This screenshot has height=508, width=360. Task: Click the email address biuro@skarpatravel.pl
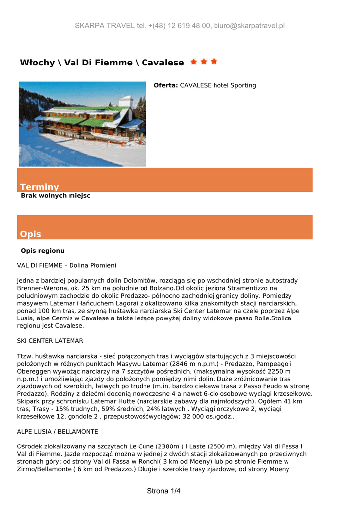(x=249, y=26)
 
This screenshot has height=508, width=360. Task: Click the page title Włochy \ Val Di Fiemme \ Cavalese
(x=102, y=63)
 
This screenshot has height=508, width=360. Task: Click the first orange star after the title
(x=193, y=62)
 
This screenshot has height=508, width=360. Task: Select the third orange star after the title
(x=214, y=62)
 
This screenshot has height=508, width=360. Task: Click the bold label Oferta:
(x=166, y=85)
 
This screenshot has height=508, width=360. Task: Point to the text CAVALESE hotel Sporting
(x=218, y=85)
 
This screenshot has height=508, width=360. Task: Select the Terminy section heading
(x=39, y=187)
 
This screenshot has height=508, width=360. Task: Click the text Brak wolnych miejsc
(x=56, y=196)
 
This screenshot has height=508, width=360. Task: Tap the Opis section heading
(x=30, y=234)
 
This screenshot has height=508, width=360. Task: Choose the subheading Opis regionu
(x=43, y=251)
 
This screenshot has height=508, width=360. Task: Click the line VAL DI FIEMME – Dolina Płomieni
(x=67, y=266)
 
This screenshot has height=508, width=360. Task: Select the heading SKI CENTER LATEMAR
(x=50, y=341)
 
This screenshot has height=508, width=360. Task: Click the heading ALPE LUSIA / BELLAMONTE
(x=58, y=431)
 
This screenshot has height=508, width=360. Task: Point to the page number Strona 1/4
(x=164, y=491)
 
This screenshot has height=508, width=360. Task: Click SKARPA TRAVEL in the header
(x=104, y=26)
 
